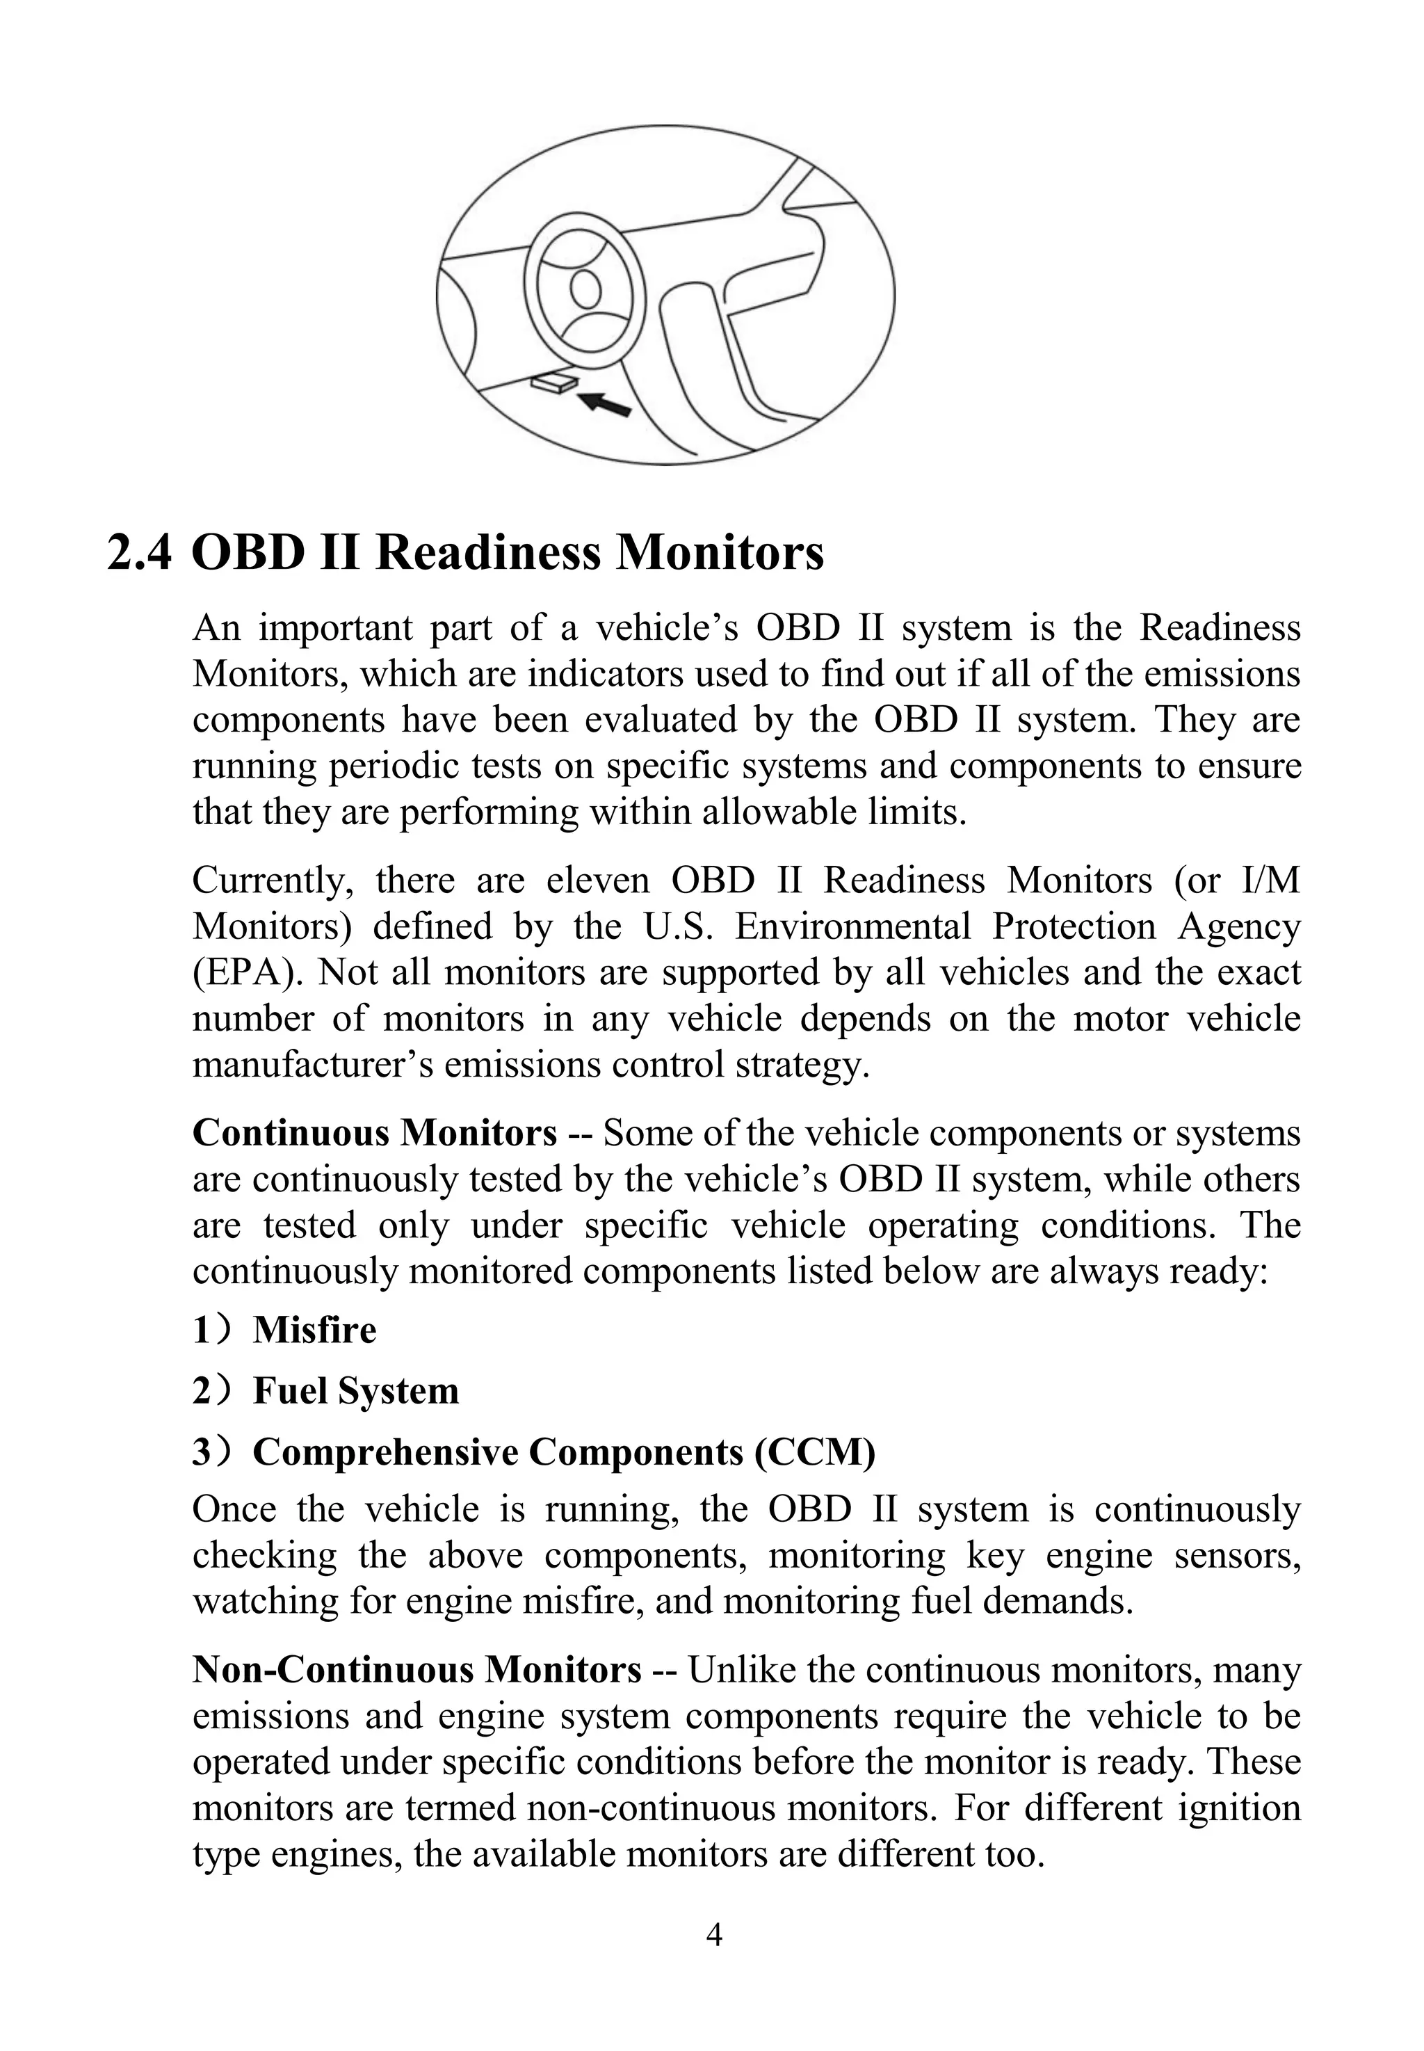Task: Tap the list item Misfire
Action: tap(314, 1330)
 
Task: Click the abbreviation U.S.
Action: tap(678, 926)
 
